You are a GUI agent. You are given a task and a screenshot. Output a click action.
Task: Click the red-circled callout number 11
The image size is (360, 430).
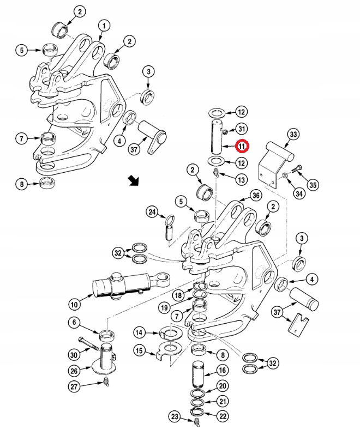pos(242,146)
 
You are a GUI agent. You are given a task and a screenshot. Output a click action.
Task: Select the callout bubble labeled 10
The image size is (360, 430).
pos(74,302)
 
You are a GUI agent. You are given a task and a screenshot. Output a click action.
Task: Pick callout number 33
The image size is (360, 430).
pos(293,134)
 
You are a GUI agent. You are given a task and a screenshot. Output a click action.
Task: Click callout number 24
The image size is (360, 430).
pos(152,212)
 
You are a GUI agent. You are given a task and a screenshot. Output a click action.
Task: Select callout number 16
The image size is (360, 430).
pos(223,370)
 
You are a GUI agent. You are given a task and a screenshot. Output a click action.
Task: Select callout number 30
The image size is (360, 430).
pos(74,354)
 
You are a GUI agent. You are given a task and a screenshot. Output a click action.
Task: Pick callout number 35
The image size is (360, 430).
pos(313,185)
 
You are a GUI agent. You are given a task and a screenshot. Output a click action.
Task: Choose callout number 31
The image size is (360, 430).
pos(242,129)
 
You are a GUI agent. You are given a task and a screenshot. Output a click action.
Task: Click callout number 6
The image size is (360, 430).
pos(74,323)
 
